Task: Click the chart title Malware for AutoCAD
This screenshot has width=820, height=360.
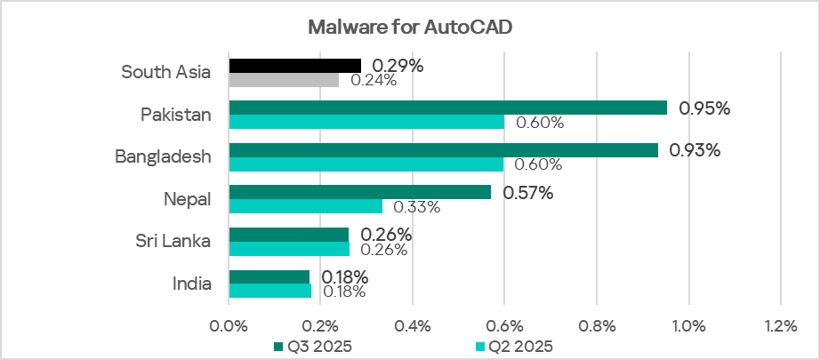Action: pyautogui.click(x=410, y=26)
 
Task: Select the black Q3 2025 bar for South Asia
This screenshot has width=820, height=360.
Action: pyautogui.click(x=295, y=65)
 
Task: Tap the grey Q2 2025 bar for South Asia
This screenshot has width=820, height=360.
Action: pyautogui.click(x=284, y=80)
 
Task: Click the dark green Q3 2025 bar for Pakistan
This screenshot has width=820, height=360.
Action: pyautogui.click(x=448, y=108)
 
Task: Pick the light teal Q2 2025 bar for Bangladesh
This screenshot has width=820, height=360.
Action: pyautogui.click(x=366, y=164)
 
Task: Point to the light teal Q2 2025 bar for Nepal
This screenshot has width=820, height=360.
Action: pyautogui.click(x=306, y=206)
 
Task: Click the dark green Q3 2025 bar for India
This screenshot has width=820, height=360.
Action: pyautogui.click(x=269, y=276)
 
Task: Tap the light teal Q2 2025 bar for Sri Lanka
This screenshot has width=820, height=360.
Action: pyautogui.click(x=289, y=249)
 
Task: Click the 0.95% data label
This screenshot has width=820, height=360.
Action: pyautogui.click(x=704, y=108)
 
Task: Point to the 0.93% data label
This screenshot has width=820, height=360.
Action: pyautogui.click(x=695, y=150)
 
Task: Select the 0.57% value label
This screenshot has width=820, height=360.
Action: pyautogui.click(x=528, y=193)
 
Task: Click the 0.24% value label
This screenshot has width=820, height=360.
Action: pyautogui.click(x=374, y=80)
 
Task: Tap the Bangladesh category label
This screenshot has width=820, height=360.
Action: pyautogui.click(x=164, y=157)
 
